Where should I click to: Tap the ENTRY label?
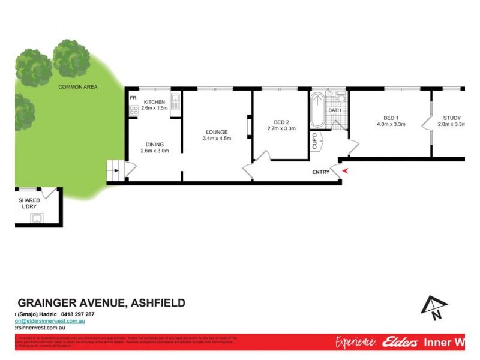[320, 172]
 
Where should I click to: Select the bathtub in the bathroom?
[317, 110]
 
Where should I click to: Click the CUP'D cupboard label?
[314, 142]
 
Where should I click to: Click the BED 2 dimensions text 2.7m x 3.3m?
[281, 129]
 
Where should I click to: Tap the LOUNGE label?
[217, 132]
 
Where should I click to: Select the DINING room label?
[154, 143]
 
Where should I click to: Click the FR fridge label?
[133, 97]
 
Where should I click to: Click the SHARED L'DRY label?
[29, 203]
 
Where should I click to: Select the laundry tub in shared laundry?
[38, 217]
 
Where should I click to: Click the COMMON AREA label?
[78, 87]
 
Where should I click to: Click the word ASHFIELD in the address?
[156, 303]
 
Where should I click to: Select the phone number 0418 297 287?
[72, 314]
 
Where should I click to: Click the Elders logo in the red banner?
[403, 342]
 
